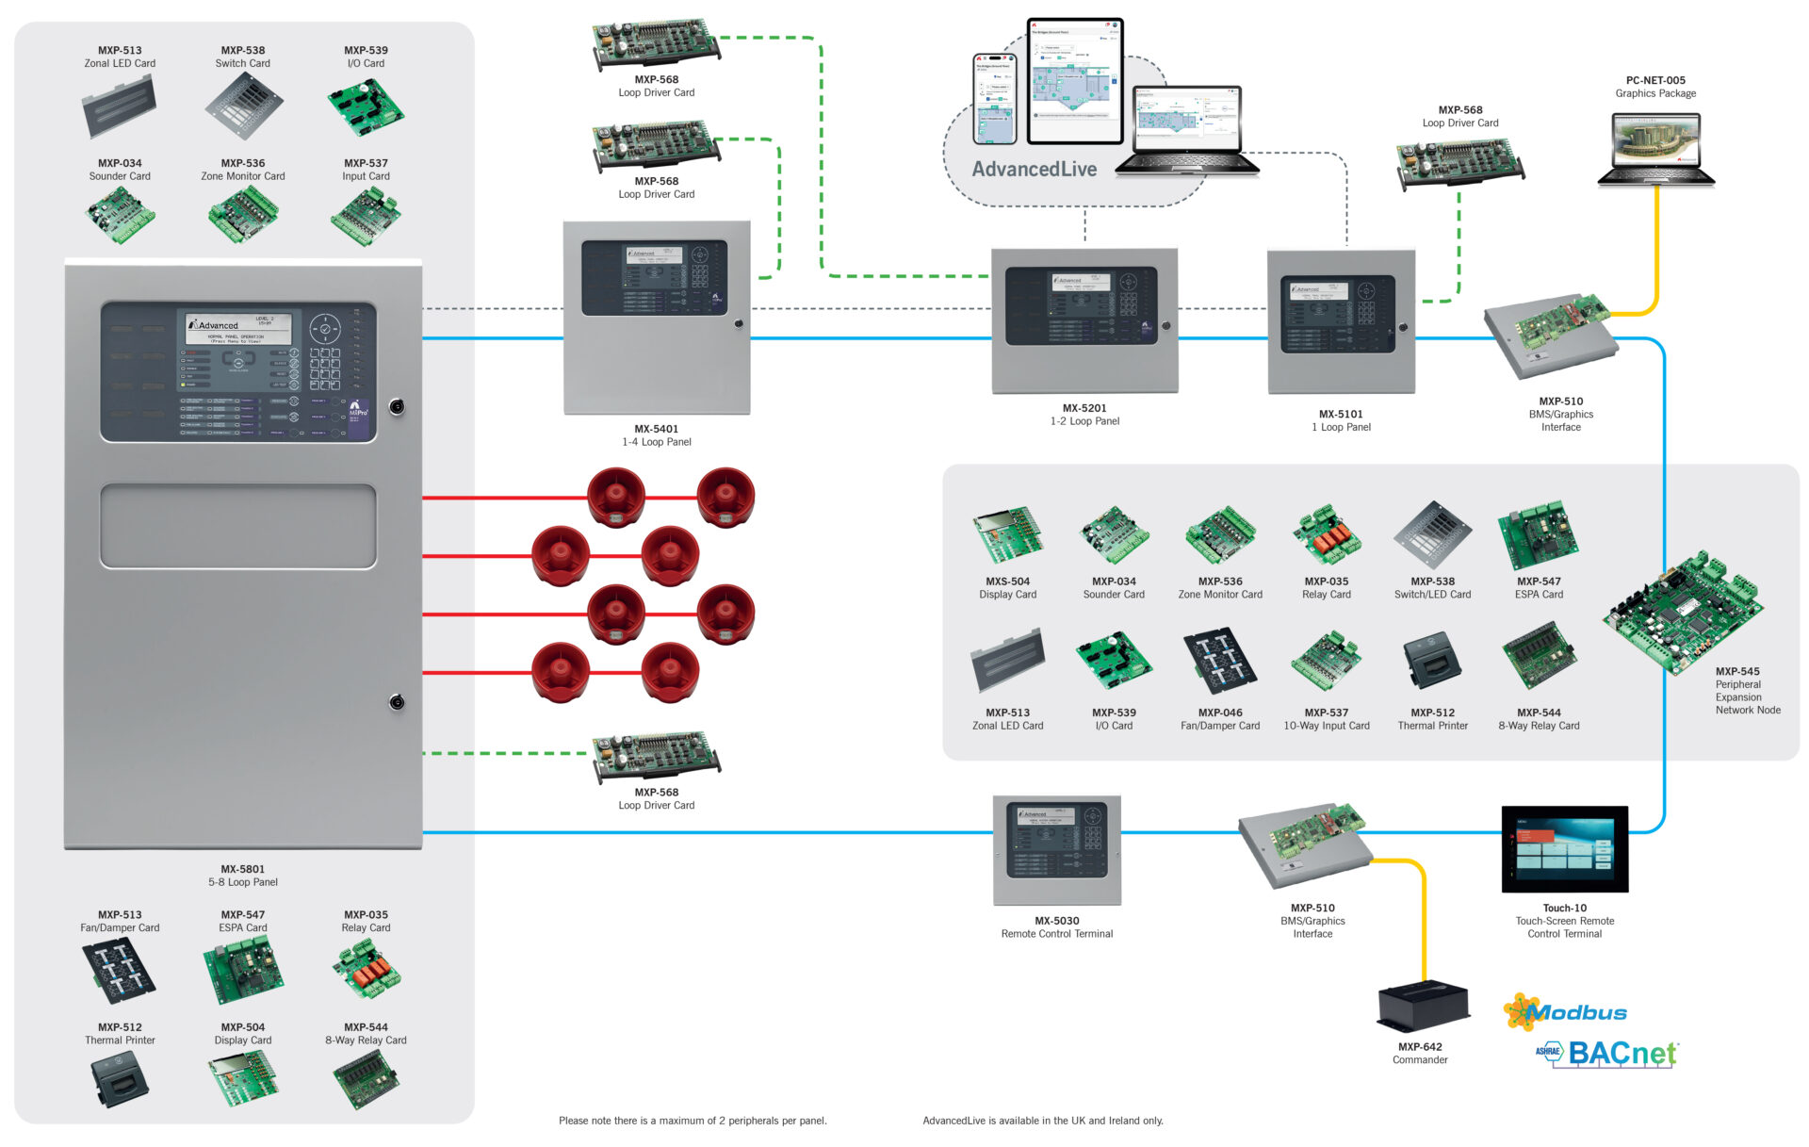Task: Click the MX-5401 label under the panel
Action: [656, 429]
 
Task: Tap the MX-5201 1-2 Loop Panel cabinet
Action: [1084, 320]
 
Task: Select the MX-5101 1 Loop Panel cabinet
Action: [1341, 321]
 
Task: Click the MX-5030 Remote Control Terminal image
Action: [1056, 849]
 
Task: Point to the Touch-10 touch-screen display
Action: [1564, 848]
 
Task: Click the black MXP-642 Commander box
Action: [1423, 1007]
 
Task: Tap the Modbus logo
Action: [1566, 1012]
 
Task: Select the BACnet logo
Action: [1609, 1053]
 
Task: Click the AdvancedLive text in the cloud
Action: [1034, 170]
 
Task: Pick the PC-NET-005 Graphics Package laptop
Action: [1655, 149]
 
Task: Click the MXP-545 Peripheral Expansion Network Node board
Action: [1681, 612]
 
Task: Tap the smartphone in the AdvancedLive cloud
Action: [994, 99]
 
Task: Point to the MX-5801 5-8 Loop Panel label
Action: [243, 876]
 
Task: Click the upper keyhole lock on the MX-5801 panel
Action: [397, 407]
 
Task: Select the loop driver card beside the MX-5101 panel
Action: [1459, 161]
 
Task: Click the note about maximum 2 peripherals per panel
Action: [693, 1121]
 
